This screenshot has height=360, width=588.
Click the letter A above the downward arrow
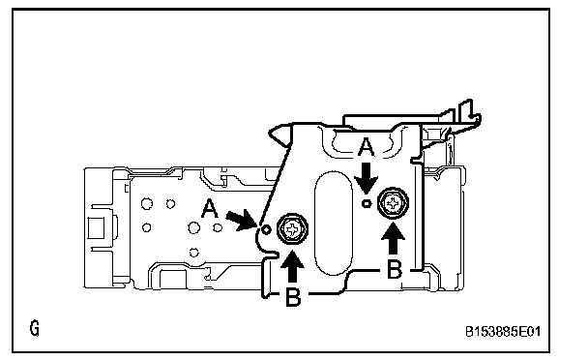(366, 147)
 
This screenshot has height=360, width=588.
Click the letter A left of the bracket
(210, 208)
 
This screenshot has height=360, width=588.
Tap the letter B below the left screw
(293, 297)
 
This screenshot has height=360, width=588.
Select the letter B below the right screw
(395, 269)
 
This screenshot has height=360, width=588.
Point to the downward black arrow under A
(367, 178)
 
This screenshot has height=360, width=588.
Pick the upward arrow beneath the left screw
(292, 266)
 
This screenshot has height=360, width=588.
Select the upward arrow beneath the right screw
(393, 239)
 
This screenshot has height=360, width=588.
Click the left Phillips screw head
(292, 228)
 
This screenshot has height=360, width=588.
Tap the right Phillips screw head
(394, 203)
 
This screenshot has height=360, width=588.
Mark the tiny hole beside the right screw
(366, 204)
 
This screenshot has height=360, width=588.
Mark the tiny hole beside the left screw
(266, 229)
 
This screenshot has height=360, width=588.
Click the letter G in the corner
(34, 328)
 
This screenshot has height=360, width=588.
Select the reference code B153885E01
(503, 332)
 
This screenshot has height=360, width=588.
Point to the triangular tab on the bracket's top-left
(280, 135)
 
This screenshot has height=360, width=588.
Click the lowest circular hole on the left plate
(193, 253)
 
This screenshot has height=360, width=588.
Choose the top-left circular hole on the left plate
(147, 204)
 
